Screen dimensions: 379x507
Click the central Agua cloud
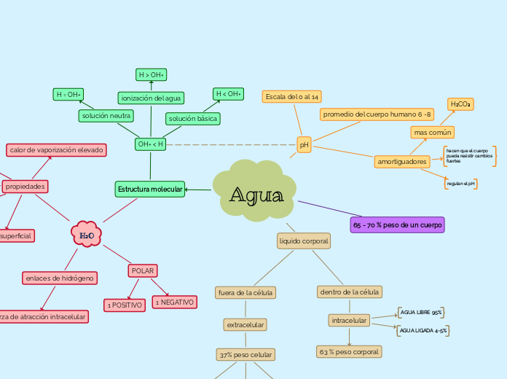coord(255,195)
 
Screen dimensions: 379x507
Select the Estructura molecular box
coord(150,189)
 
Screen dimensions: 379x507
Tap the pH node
coord(304,145)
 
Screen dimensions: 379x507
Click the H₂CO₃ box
coord(460,105)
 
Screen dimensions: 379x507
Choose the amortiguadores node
coord(402,161)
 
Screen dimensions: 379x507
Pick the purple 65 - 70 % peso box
coord(397,224)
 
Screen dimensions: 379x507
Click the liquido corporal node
coord(304,240)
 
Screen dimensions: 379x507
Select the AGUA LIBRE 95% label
coord(421,312)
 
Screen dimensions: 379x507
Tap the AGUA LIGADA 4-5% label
coord(423,331)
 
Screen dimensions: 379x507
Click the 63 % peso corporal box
coord(349,351)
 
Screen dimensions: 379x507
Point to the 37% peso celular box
coord(245,354)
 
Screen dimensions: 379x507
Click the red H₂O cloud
coord(86,235)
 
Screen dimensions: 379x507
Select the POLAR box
coord(142,270)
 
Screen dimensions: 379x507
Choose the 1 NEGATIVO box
coord(174,301)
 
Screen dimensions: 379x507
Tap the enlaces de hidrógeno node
coord(60,278)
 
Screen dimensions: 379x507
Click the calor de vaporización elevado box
coord(57,149)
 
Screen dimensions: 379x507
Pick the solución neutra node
coord(106,116)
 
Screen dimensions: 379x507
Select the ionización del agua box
coord(152,98)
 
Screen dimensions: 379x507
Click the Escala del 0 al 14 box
coord(292,96)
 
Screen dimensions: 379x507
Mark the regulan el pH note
coord(460,184)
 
